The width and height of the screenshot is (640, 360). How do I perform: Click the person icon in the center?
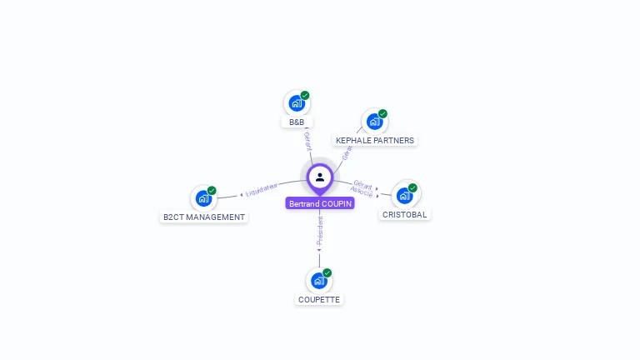click(320, 177)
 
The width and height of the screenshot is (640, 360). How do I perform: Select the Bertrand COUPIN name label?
click(320, 203)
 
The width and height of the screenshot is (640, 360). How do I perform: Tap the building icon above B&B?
click(296, 103)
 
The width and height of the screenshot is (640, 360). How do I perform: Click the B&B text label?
click(297, 122)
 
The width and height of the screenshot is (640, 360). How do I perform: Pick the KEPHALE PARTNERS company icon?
click(374, 122)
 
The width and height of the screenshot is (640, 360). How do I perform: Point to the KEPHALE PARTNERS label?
click(375, 141)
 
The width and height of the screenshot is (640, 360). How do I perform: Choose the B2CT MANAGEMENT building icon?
click(202, 198)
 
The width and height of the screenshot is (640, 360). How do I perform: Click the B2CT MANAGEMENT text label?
click(204, 217)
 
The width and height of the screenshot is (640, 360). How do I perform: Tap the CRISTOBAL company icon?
click(405, 195)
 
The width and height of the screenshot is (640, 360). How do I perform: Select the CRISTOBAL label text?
click(404, 215)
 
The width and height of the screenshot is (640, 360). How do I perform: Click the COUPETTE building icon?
click(318, 281)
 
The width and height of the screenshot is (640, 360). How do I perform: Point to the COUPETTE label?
click(319, 300)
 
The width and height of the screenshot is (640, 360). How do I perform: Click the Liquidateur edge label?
click(261, 190)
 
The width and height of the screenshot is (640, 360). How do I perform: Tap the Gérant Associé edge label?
click(362, 187)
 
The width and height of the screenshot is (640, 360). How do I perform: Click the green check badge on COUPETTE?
click(327, 272)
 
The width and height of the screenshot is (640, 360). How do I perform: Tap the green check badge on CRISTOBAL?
click(412, 187)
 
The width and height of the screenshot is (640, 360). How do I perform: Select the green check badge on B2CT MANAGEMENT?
click(212, 191)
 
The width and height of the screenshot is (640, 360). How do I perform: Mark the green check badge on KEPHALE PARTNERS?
click(382, 113)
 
